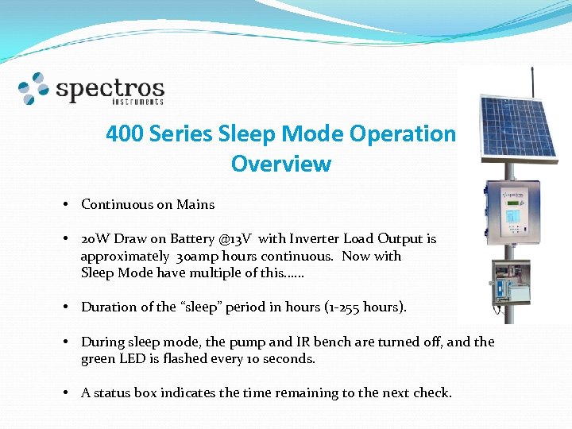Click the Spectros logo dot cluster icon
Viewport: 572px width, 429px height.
34,88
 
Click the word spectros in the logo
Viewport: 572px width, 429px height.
110,87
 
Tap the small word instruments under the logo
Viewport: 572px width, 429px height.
140,102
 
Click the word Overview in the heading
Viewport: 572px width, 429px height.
280,164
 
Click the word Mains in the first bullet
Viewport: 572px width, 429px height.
195,204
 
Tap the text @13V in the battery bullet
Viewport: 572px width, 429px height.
236,238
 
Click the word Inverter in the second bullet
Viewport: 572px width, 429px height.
319,238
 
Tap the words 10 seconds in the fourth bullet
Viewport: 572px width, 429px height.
281,358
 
